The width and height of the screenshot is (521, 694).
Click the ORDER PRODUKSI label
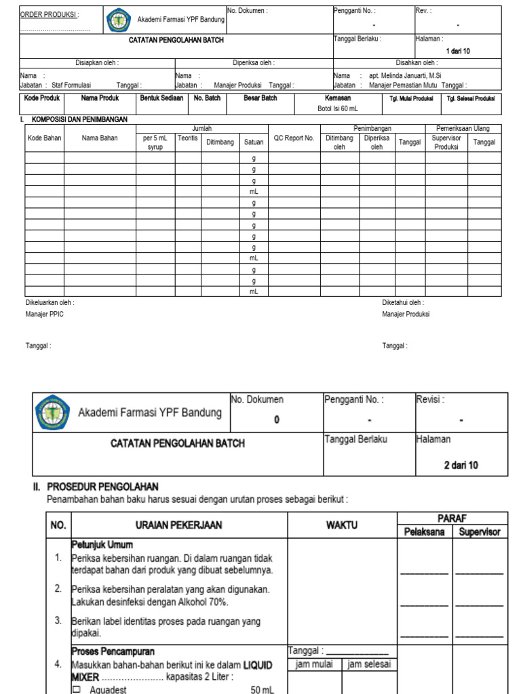click(x=49, y=14)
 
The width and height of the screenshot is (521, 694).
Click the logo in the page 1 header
click(x=119, y=20)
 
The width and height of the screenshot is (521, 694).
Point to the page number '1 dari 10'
click(x=458, y=52)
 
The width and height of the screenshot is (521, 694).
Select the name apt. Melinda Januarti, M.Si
click(x=410, y=76)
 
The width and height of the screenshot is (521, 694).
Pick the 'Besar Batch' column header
click(x=260, y=98)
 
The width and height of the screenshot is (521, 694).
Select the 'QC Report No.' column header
click(x=294, y=138)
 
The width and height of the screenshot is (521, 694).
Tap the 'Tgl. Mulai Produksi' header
click(x=411, y=98)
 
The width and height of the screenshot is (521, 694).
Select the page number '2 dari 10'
click(x=461, y=466)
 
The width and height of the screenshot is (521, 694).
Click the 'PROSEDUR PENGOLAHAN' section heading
click(x=102, y=487)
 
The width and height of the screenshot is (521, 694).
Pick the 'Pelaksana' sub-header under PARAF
click(x=425, y=531)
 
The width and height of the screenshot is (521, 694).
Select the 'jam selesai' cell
click(x=370, y=664)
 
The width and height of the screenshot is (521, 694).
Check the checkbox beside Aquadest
click(x=76, y=689)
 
